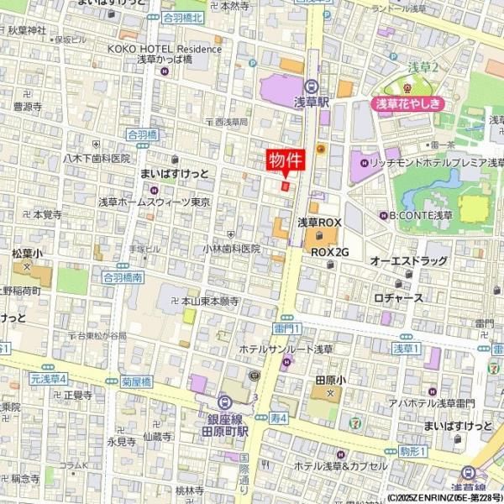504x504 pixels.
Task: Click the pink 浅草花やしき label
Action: click(x=408, y=105)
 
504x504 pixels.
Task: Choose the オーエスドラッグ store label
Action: click(x=409, y=261)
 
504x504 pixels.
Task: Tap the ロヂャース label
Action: click(x=398, y=297)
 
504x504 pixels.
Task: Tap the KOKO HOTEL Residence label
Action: click(x=164, y=49)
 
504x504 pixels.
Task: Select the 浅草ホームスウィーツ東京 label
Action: click(x=154, y=202)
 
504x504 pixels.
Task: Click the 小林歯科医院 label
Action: click(x=231, y=249)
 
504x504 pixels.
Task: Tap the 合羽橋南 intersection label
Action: click(x=123, y=276)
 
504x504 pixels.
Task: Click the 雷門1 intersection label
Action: click(x=287, y=327)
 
